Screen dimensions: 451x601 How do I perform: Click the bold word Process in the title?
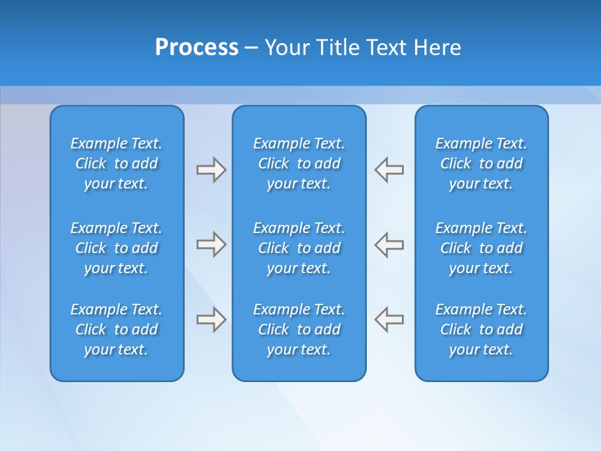point(197,48)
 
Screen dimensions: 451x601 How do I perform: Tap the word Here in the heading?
point(437,48)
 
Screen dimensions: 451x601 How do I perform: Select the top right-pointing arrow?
point(211,170)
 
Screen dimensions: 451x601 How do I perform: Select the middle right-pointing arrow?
point(211,244)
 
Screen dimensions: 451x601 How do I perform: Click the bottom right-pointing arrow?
point(211,319)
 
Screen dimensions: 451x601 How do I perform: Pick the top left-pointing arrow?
point(389,170)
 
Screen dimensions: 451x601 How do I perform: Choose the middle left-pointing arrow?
point(389,244)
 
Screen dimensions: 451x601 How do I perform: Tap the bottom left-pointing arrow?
point(389,319)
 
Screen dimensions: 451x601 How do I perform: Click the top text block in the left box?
point(116,163)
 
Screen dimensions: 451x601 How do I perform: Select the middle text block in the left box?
point(116,248)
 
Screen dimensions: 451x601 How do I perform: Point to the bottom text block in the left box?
point(116,329)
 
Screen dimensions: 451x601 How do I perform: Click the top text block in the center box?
point(299,163)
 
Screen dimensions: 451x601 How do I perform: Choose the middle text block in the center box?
point(299,248)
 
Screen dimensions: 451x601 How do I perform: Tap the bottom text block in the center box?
point(299,329)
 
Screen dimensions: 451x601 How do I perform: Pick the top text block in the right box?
point(481,163)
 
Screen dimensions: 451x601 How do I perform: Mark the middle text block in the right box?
point(481,248)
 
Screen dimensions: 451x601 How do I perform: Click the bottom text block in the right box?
point(481,329)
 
